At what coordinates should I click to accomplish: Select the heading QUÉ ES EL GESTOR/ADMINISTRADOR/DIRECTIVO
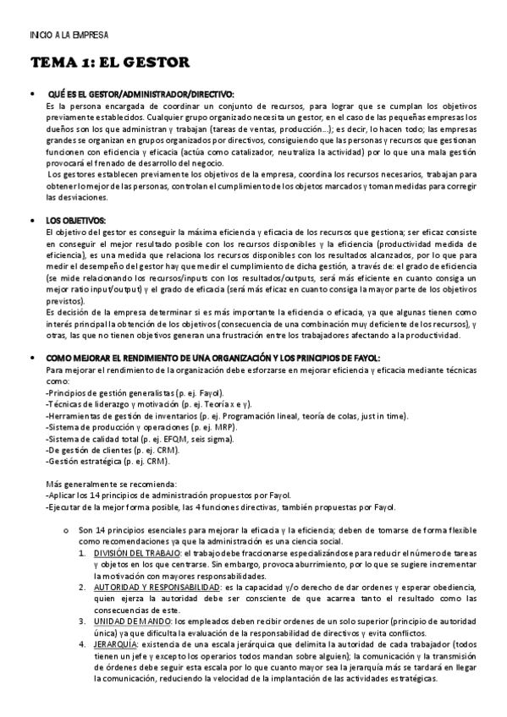point(141,94)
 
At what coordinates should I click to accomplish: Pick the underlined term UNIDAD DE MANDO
point(131,621)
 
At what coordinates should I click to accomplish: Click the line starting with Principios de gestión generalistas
point(134,393)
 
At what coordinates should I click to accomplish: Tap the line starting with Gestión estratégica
point(109,462)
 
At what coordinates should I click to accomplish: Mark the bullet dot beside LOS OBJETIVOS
point(31,221)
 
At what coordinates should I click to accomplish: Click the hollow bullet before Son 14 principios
point(65,529)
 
